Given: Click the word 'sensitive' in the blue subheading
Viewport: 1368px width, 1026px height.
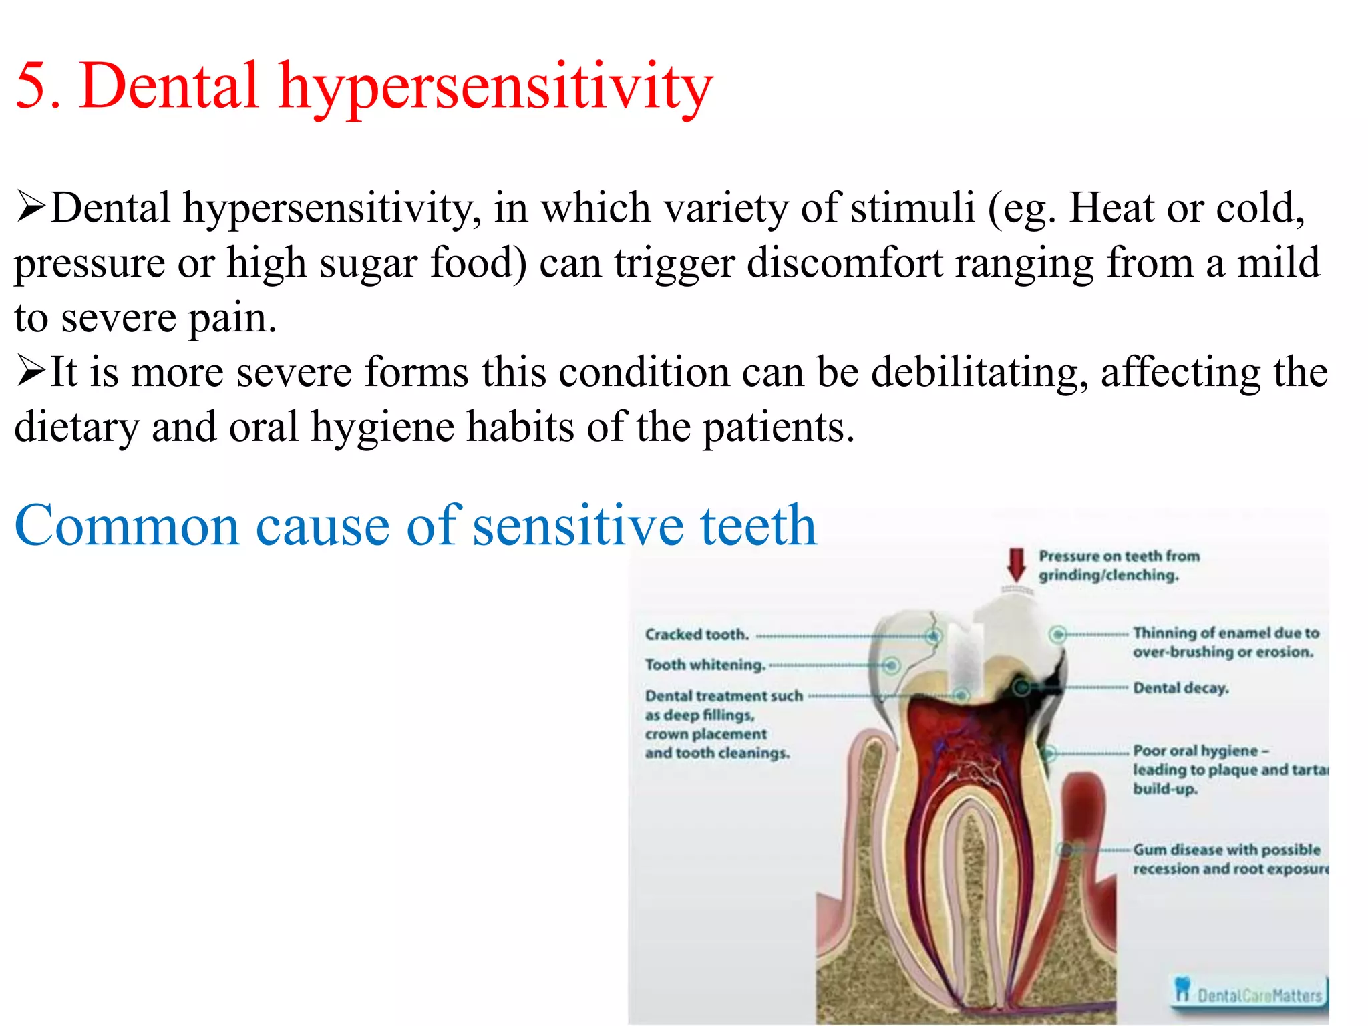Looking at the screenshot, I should coord(578,526).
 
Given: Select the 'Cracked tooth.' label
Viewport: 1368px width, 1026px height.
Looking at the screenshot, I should coord(697,635).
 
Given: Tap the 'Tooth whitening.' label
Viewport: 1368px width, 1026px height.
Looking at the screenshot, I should coord(705,665).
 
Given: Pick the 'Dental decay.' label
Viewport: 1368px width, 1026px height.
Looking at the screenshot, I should coord(1180,688).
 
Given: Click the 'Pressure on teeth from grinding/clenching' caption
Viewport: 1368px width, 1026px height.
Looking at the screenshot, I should coord(1118,566).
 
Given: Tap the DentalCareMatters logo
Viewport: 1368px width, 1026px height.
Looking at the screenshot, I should coord(1249,992).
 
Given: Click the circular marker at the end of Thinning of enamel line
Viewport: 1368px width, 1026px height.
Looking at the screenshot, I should coord(1057,634).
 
